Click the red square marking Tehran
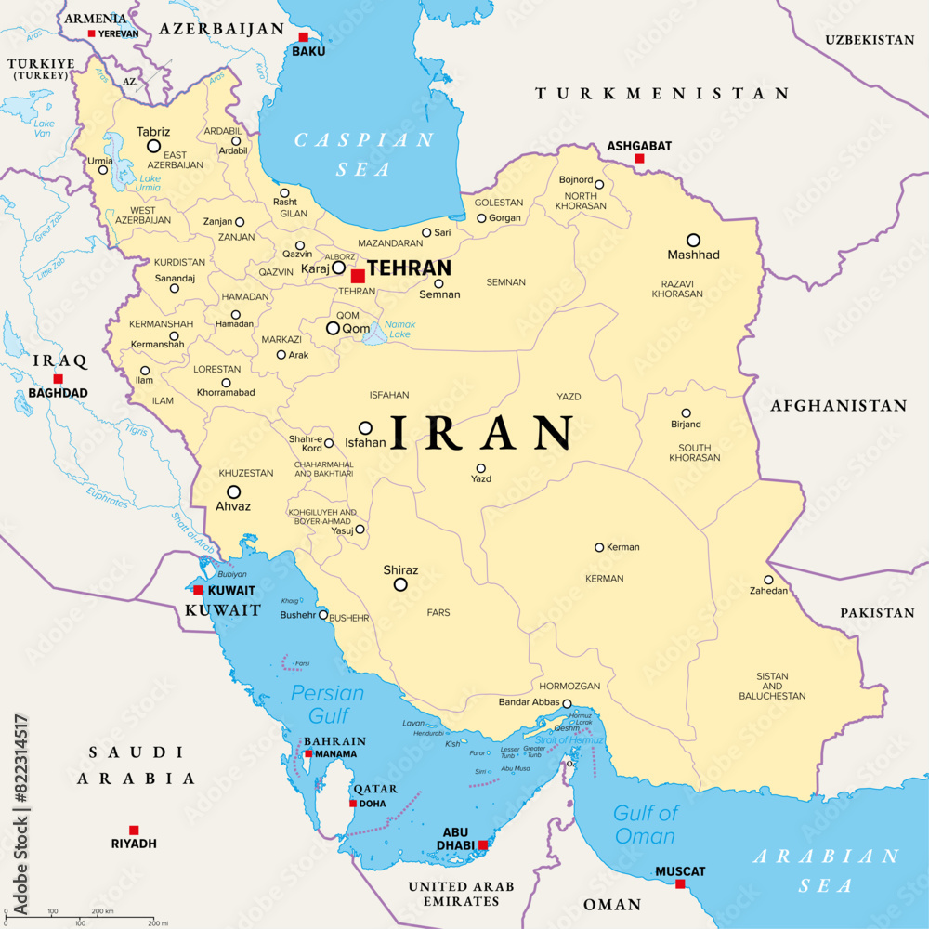tap(358, 276)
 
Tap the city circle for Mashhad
tap(693, 240)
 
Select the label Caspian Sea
tap(364, 154)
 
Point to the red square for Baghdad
tap(58, 379)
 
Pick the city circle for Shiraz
tap(400, 584)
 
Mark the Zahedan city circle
tap(768, 580)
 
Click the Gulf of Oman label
tap(645, 824)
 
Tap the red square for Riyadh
tap(134, 830)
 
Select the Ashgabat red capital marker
tap(639, 159)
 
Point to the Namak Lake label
tap(401, 329)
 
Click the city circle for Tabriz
tap(153, 146)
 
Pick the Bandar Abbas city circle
tap(567, 704)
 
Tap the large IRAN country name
tap(482, 433)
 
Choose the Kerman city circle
tap(599, 547)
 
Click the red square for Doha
tap(353, 804)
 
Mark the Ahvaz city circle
tap(233, 491)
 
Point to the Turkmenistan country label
tap(661, 94)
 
